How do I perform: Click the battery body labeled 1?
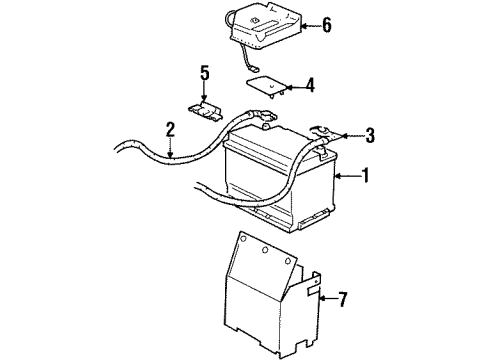tap(275, 180)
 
